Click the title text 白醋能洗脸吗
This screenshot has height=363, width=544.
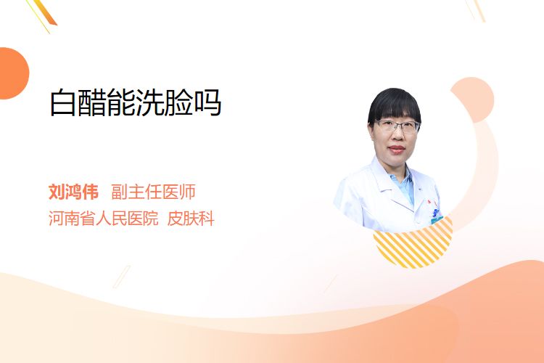coord(136,102)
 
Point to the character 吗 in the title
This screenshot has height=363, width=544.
coord(207,102)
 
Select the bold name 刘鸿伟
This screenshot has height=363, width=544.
coord(73,192)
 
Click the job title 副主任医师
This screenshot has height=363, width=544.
coord(153,192)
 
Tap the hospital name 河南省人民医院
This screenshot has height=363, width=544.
coord(104,219)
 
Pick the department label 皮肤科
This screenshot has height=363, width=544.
coord(191,219)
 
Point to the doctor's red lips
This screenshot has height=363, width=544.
coord(397,150)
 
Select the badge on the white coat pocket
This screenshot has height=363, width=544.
coord(436,216)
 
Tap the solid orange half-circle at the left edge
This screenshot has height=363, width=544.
coord(13,73)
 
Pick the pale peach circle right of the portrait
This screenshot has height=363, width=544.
coord(474,99)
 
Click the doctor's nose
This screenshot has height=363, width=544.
coord(397,136)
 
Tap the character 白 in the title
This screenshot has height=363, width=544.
coord(63,102)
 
